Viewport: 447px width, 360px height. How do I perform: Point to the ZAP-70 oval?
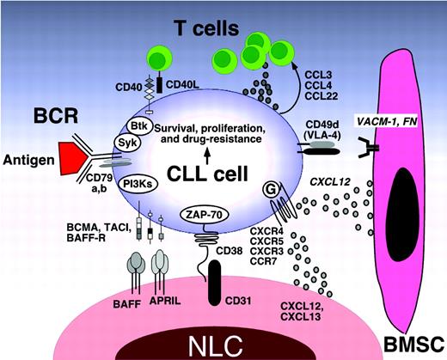(x=203, y=213)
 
